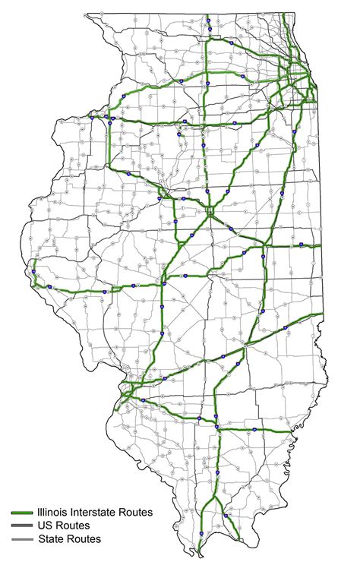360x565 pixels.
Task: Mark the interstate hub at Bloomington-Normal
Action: (x=209, y=212)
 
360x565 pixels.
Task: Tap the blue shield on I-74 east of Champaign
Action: (x=302, y=245)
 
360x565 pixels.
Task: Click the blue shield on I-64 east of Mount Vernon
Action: (x=254, y=431)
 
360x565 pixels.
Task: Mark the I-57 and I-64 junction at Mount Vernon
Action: (x=216, y=425)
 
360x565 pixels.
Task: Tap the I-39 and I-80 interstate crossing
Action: (x=205, y=124)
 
